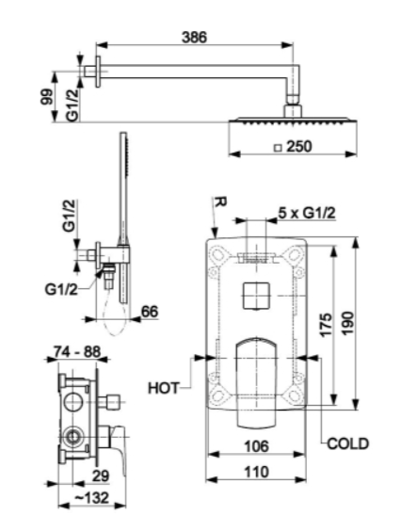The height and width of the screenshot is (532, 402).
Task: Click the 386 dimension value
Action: pyautogui.click(x=194, y=37)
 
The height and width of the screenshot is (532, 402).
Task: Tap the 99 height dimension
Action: pyautogui.click(x=47, y=97)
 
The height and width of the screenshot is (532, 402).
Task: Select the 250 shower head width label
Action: pyautogui.click(x=298, y=147)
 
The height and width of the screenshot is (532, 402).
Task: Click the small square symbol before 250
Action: pyautogui.click(x=278, y=148)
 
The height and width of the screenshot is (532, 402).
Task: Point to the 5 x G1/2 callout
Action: pyautogui.click(x=307, y=213)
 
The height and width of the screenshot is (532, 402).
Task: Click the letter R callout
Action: pyautogui.click(x=221, y=202)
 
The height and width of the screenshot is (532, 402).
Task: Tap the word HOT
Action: pyautogui.click(x=163, y=388)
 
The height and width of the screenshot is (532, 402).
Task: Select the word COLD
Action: pyautogui.click(x=347, y=443)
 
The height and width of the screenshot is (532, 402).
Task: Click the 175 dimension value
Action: pyautogui.click(x=326, y=325)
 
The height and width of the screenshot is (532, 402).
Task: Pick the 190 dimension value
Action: pyautogui.click(x=347, y=324)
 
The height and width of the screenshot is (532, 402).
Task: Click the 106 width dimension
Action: pyautogui.click(x=256, y=446)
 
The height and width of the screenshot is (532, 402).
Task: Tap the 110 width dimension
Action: pyautogui.click(x=256, y=472)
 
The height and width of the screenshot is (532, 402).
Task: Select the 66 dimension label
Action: pyautogui.click(x=150, y=312)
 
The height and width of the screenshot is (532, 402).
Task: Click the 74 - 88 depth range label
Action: pyautogui.click(x=77, y=352)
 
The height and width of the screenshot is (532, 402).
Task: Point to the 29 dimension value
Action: pyautogui.click(x=101, y=476)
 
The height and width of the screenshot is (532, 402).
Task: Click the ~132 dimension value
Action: pyautogui.click(x=91, y=498)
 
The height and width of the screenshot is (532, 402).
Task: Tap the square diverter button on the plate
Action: pyautogui.click(x=256, y=296)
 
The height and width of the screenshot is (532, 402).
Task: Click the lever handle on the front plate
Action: pyautogui.click(x=256, y=381)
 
